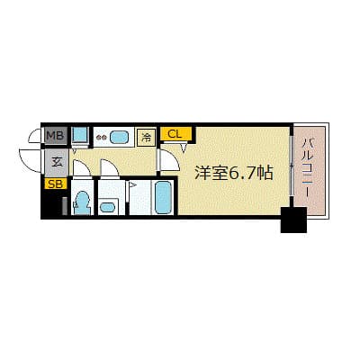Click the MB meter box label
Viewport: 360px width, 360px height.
coord(56,136)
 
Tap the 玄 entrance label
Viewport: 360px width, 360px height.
coord(57,162)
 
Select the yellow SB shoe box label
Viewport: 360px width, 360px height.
coord(56,184)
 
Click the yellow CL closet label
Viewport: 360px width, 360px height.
coord(175,134)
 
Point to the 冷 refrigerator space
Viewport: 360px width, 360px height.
coord(147,138)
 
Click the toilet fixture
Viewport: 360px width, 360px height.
coord(81,203)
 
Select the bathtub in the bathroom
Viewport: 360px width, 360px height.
coord(163,197)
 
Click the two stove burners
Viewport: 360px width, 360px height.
coord(101,138)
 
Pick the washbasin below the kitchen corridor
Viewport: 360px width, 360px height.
coord(107,207)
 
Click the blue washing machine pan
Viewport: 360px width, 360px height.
coord(80,135)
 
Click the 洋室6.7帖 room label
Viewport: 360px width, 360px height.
coord(234,173)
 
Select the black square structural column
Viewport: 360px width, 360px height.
coord(293,220)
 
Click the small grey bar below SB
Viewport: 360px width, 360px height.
coord(65,206)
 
